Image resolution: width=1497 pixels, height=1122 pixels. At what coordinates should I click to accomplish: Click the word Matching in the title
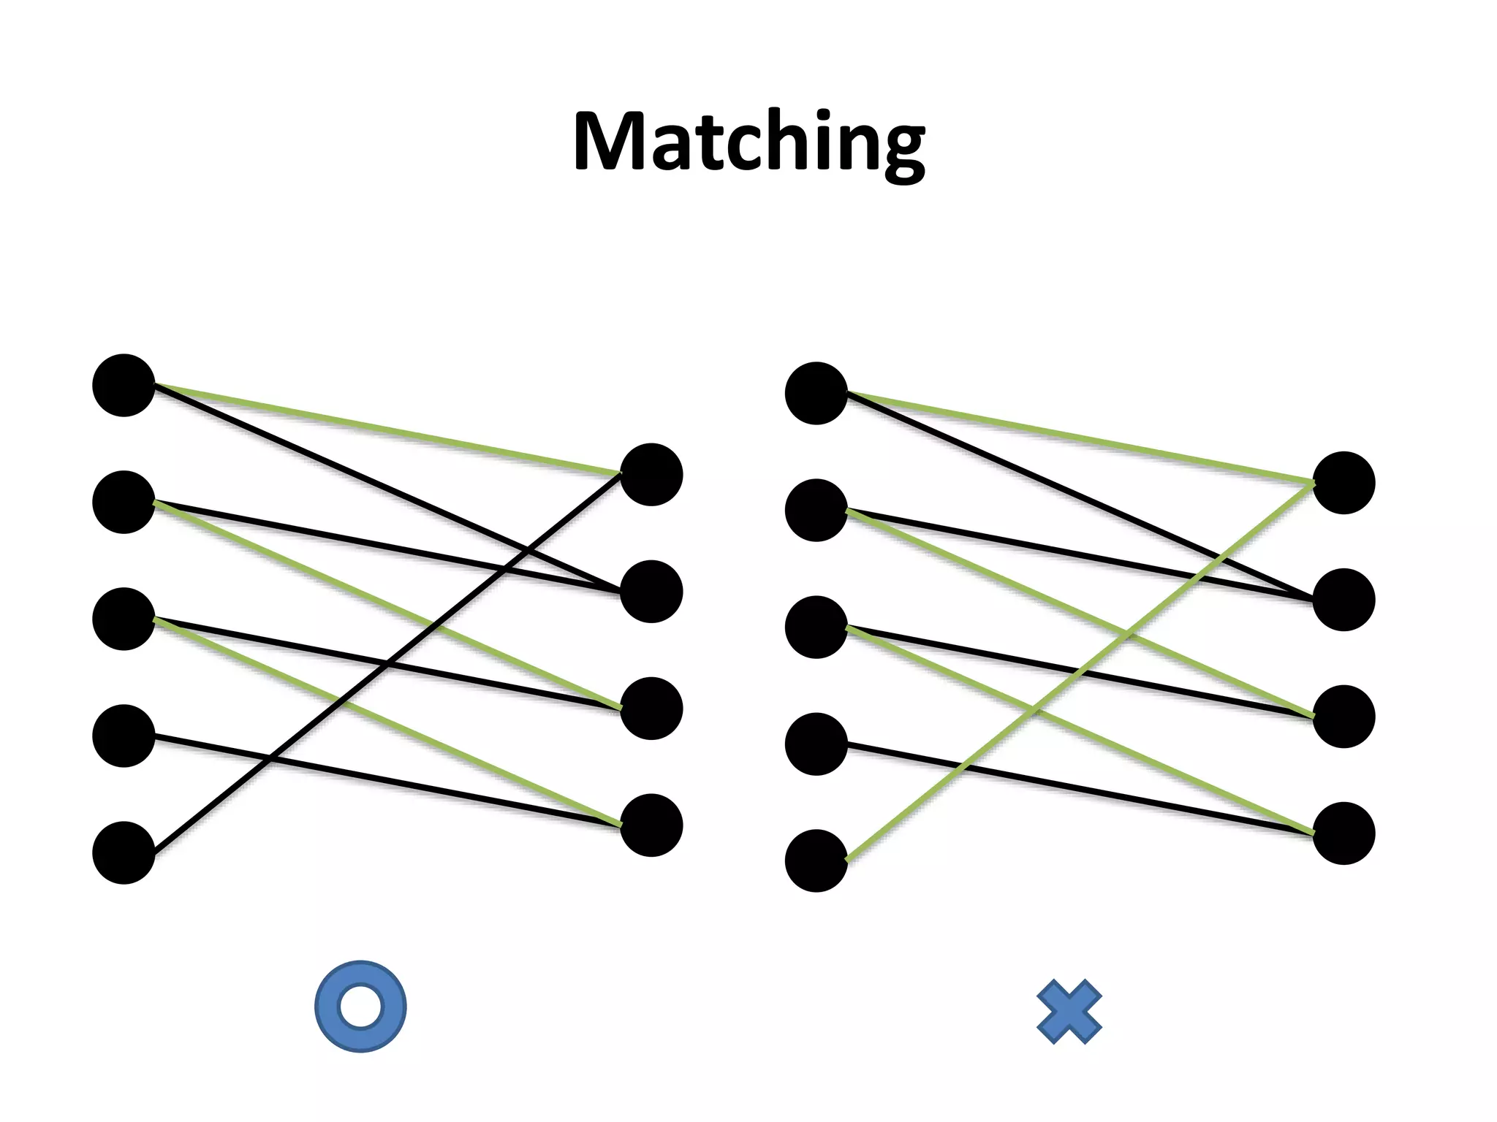tap(748, 142)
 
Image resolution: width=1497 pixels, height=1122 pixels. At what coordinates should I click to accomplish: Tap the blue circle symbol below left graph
tap(360, 1006)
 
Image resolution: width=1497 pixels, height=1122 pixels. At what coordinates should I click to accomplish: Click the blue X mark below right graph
tap(1069, 1012)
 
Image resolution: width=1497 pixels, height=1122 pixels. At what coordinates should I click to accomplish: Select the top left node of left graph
tap(124, 385)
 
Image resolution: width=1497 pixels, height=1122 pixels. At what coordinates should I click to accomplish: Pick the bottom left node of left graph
tap(124, 852)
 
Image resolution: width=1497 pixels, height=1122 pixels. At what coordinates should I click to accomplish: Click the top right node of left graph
tap(651, 474)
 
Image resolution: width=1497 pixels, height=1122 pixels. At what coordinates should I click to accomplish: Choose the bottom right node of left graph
tap(651, 825)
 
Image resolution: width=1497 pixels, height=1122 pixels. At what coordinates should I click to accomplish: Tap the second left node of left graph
tap(124, 502)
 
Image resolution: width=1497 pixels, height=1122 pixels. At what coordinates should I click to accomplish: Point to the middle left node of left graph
tap(124, 619)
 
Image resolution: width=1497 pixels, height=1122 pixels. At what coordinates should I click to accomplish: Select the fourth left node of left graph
tap(124, 736)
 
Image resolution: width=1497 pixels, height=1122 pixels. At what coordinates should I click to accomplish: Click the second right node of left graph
tap(651, 591)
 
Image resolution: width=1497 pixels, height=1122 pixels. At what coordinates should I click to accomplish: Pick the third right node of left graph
tap(651, 708)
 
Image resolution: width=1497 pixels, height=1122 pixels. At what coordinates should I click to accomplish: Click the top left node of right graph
tap(816, 393)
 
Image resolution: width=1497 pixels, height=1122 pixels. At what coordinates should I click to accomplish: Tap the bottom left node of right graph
tap(816, 860)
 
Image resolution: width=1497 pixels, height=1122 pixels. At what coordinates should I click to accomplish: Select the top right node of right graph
tap(1343, 482)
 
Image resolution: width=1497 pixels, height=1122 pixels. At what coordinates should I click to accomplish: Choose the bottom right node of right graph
tap(1343, 833)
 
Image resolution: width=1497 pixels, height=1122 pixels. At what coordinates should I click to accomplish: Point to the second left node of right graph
tap(816, 510)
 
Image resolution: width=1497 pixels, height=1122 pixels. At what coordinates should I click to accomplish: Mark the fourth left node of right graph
tap(816, 744)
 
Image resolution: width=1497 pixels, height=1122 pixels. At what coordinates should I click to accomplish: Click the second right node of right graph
tap(1343, 599)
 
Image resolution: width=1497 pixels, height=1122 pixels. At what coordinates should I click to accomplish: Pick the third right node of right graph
tap(1343, 716)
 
